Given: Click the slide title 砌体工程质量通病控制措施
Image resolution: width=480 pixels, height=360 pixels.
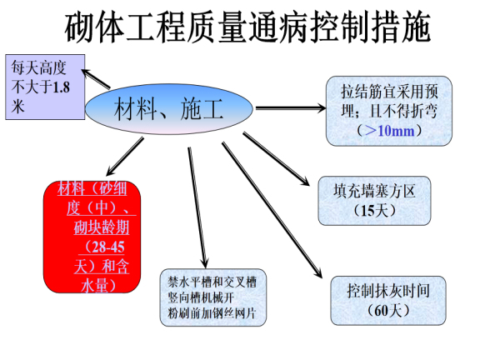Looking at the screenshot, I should (248, 28).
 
